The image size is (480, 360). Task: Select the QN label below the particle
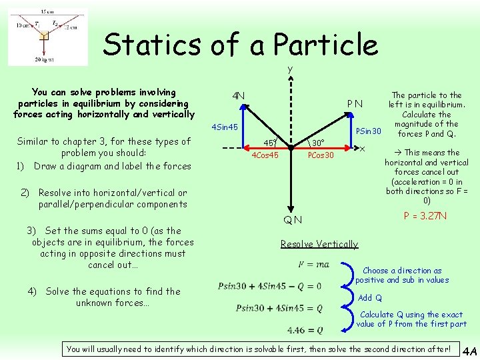tap(292, 220)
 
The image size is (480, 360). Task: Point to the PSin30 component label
tap(367, 131)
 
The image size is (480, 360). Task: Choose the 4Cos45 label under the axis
tap(265, 155)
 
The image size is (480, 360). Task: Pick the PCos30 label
tap(321, 155)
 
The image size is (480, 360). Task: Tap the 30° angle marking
tap(319, 143)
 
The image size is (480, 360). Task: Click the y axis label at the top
tap(290, 69)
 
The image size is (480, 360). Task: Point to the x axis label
tap(362, 148)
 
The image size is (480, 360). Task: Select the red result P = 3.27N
tap(425, 216)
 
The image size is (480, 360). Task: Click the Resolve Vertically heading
tap(319, 244)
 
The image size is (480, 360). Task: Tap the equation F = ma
tap(313, 265)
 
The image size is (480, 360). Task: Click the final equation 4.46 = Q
tap(305, 330)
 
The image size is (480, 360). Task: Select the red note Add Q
tap(370, 297)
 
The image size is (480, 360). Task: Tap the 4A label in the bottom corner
tap(469, 351)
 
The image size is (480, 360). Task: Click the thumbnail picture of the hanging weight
tap(47, 37)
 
